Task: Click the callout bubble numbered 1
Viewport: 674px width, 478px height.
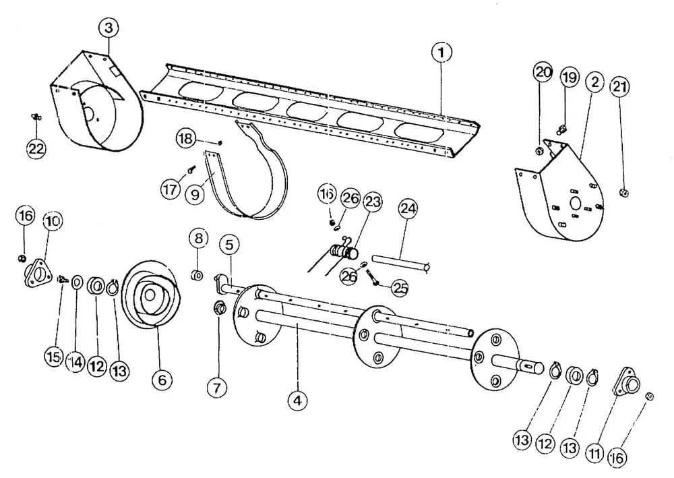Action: pos(441,53)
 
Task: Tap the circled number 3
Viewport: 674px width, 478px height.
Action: pos(109,28)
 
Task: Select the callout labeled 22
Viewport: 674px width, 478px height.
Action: pos(36,149)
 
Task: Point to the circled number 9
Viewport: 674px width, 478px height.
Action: pos(195,194)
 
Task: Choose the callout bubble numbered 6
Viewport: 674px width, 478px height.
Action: pos(162,380)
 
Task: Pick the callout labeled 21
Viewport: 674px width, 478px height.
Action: pos(619,87)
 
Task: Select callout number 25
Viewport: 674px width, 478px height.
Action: pos(400,289)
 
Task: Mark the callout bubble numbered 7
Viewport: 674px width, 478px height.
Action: pos(216,388)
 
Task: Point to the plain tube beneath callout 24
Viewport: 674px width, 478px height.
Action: pos(400,263)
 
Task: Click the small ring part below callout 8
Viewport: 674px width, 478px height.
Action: pos(197,274)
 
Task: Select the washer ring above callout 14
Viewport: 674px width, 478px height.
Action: pos(78,282)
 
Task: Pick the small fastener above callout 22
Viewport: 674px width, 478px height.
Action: pos(36,117)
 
